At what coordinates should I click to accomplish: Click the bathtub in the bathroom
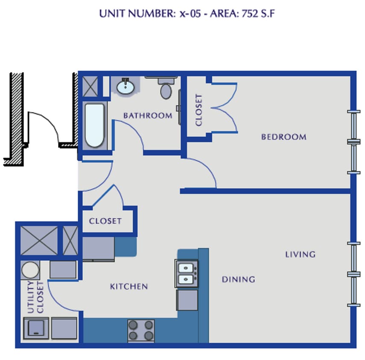[x=94, y=125]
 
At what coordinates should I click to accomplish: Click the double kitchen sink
[x=187, y=273]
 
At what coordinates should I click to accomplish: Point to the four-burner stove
[x=141, y=330]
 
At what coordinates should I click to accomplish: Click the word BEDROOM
[x=283, y=137]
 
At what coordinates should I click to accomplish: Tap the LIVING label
[x=300, y=254]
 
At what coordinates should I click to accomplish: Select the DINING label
[x=238, y=279]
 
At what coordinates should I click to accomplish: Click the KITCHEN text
[x=129, y=286]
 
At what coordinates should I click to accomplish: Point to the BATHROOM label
[x=148, y=115]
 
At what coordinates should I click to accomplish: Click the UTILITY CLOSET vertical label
[x=35, y=297]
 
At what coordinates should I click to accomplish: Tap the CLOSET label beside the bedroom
[x=199, y=110]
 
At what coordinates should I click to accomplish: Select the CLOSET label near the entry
[x=105, y=221]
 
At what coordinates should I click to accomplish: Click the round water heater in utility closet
[x=30, y=270]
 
